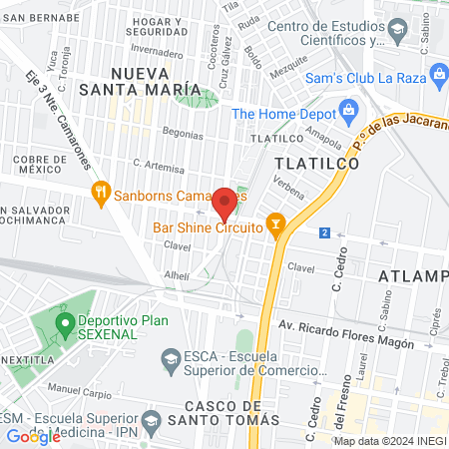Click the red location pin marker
coord(224,204)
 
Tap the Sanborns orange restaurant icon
coord(100,193)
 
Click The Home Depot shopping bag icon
coord(347,109)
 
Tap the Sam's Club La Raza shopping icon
coord(437,74)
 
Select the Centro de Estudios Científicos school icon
coord(397,32)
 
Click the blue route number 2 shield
coord(324,232)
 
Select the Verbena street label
coord(288,190)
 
